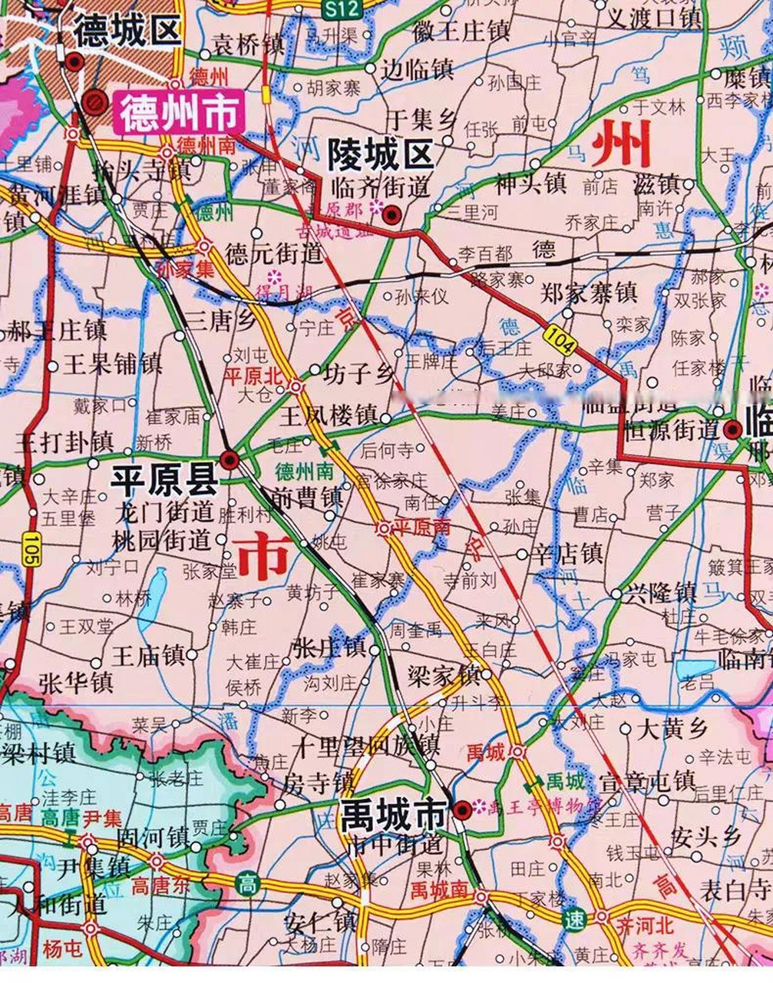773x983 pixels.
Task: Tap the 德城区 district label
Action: point(127,31)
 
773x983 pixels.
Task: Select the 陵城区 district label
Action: point(381,154)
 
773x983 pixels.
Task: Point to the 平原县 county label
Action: point(164,481)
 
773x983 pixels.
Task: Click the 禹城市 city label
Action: point(393,813)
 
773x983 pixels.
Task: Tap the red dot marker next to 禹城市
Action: point(461,809)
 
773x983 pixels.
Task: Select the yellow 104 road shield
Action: point(559,339)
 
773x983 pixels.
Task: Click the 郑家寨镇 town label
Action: point(589,293)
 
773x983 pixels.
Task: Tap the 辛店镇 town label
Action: point(569,554)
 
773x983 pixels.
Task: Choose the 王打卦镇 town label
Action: point(64,442)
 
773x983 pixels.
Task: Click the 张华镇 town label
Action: point(76,681)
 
